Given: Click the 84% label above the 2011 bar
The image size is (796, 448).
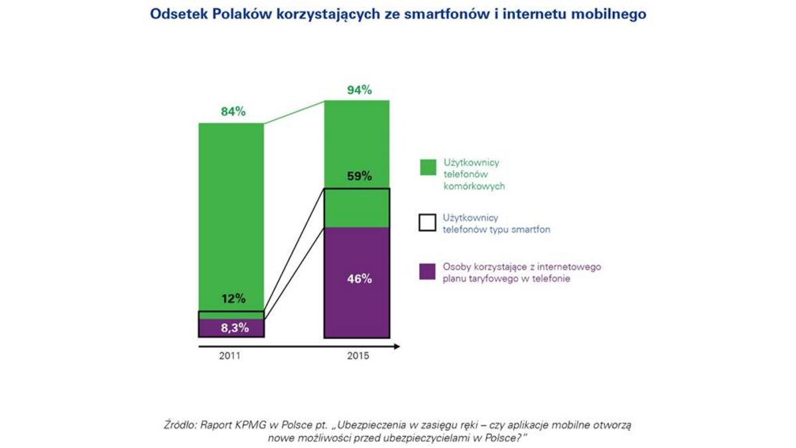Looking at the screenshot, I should click(x=233, y=112).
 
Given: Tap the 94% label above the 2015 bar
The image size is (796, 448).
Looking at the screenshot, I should click(x=358, y=89).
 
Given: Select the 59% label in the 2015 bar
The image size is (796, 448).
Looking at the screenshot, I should click(x=358, y=177).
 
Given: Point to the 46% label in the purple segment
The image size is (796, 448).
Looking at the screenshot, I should click(x=358, y=279).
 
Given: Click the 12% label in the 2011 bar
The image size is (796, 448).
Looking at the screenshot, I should click(x=233, y=299).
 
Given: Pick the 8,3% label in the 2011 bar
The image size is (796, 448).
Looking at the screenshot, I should click(x=232, y=327).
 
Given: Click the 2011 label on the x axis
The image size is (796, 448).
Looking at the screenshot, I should click(x=231, y=356).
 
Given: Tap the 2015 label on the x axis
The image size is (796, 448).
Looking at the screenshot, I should click(x=358, y=356).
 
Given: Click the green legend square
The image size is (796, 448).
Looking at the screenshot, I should click(x=427, y=167).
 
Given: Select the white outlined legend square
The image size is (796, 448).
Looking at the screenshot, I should click(x=427, y=222).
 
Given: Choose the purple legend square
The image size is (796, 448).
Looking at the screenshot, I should click(x=427, y=271).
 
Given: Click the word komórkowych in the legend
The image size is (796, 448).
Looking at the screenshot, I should click(x=474, y=187).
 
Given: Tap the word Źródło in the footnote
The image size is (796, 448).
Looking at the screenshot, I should click(x=179, y=425).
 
